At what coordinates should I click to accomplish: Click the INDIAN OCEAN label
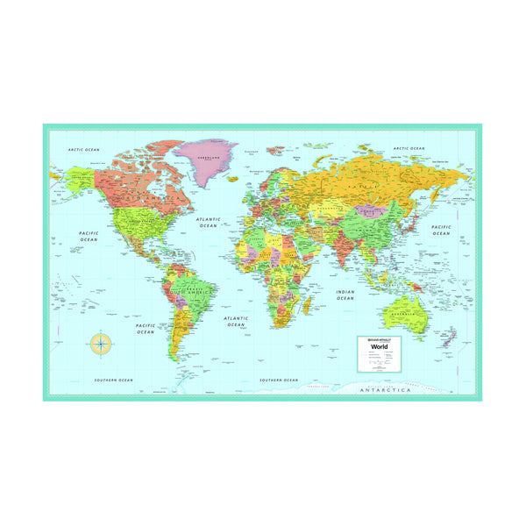(345, 295)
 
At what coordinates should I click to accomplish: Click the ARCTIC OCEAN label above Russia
(409, 149)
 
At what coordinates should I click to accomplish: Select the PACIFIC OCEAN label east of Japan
(440, 230)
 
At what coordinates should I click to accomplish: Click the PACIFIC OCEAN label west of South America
(146, 329)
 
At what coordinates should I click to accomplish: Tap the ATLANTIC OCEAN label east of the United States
(208, 223)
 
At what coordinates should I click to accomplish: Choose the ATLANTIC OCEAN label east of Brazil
(236, 322)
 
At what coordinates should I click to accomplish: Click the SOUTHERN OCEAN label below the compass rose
(113, 380)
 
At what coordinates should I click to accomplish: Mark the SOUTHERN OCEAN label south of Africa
(278, 380)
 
